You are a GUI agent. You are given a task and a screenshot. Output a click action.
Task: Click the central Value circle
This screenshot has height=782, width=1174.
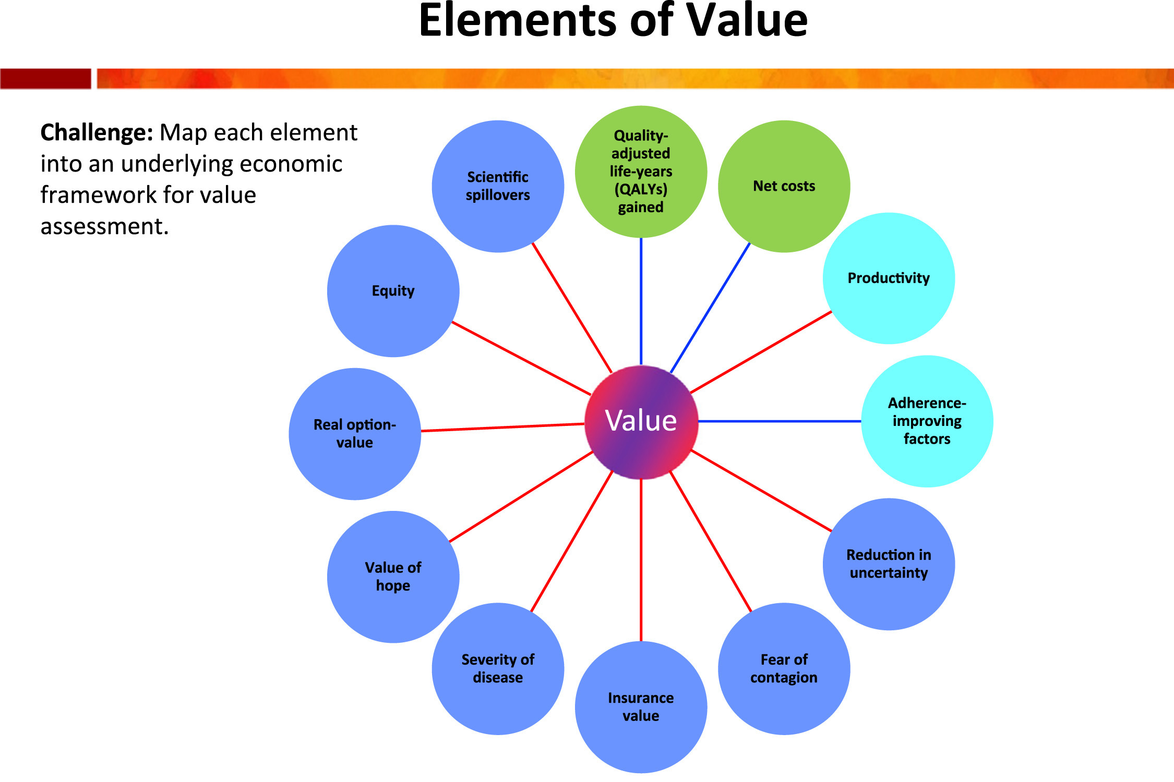(x=641, y=421)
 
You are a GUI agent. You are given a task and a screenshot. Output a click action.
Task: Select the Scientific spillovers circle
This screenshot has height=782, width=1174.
(x=498, y=186)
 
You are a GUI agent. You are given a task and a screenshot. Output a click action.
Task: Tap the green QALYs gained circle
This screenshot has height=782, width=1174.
(x=641, y=172)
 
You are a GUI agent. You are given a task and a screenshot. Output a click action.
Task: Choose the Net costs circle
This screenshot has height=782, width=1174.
(x=784, y=186)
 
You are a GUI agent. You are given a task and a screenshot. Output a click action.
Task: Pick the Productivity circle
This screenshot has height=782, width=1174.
(x=889, y=278)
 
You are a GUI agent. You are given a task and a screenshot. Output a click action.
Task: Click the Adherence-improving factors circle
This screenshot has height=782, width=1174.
(x=927, y=421)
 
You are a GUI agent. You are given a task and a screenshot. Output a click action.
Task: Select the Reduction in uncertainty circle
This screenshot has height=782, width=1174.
(x=889, y=564)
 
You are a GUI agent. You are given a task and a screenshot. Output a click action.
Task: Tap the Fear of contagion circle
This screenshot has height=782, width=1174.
(x=784, y=668)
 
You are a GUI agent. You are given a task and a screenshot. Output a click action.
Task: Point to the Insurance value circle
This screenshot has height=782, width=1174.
(x=641, y=706)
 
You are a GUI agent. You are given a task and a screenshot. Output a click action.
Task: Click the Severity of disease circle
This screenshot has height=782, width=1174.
(x=498, y=668)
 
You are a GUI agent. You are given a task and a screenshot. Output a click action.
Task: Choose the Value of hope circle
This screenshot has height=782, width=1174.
(x=393, y=577)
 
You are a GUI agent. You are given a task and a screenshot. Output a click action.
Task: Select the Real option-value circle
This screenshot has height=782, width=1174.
(x=355, y=434)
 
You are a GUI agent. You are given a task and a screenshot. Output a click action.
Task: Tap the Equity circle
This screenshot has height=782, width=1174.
(x=393, y=291)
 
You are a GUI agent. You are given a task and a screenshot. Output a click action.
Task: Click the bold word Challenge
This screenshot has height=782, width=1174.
(x=97, y=133)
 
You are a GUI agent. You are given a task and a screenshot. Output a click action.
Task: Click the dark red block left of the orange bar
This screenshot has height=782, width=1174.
(x=45, y=79)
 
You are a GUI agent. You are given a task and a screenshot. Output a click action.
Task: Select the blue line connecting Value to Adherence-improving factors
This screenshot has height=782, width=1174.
(x=780, y=421)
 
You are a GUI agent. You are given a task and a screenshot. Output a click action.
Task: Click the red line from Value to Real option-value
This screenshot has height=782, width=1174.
(x=502, y=427)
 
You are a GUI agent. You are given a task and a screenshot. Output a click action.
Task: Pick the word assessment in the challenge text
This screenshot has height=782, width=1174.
(x=104, y=227)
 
